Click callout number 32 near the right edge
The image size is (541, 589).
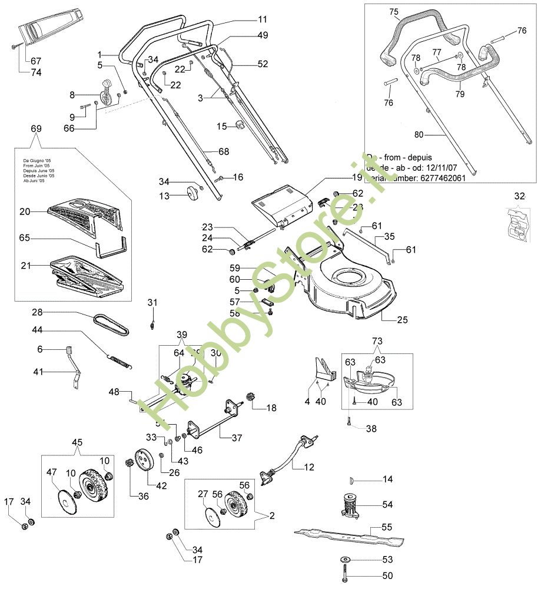click(x=519, y=196)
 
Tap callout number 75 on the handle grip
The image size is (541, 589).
click(x=394, y=11)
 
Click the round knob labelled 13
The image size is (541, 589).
click(x=191, y=193)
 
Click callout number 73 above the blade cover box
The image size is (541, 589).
click(x=377, y=341)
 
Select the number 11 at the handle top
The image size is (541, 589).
click(x=262, y=19)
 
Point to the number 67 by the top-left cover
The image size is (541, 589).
click(x=36, y=61)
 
